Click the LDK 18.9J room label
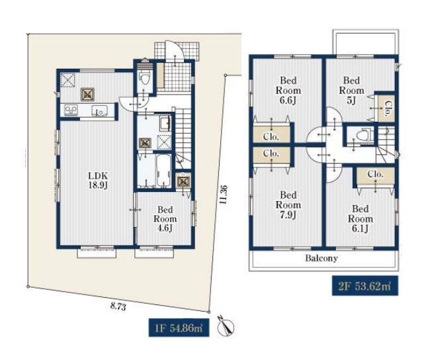[97, 180]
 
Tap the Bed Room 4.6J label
[165, 219]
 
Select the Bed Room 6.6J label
[288, 91]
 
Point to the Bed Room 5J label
[351, 91]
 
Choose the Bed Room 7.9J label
[288, 205]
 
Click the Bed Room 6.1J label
[360, 219]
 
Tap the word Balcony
[322, 258]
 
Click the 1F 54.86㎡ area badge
[179, 328]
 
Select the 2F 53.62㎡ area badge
[365, 286]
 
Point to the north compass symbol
[226, 326]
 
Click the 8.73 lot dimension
[118, 306]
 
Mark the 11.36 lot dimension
[224, 195]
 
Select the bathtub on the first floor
[163, 170]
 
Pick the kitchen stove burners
[71, 111]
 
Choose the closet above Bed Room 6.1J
[376, 175]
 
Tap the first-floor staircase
[183, 138]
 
